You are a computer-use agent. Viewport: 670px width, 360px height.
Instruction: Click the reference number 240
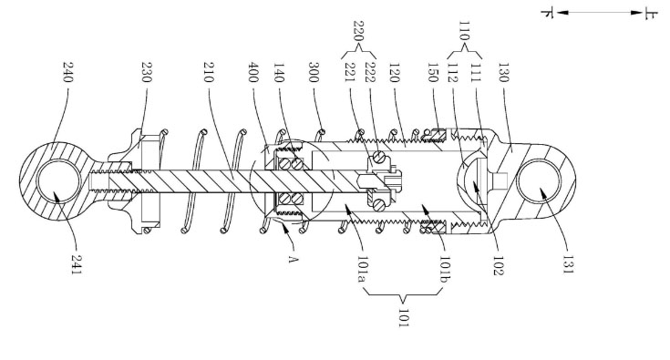[x=68, y=72]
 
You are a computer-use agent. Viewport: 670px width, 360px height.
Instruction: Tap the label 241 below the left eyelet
[x=76, y=264]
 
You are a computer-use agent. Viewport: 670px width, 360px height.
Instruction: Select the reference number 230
[x=147, y=72]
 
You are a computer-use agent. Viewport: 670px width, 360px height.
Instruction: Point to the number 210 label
[x=209, y=72]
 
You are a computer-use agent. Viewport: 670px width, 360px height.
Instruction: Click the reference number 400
[x=253, y=72]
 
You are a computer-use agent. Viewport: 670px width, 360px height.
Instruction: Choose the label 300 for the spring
[x=314, y=72]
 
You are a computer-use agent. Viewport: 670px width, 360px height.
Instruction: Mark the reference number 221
[x=350, y=72]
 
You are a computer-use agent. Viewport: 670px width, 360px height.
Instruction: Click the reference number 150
[x=433, y=72]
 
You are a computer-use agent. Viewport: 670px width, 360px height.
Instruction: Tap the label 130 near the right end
[x=504, y=72]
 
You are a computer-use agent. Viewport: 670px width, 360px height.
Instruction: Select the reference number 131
[x=568, y=264]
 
